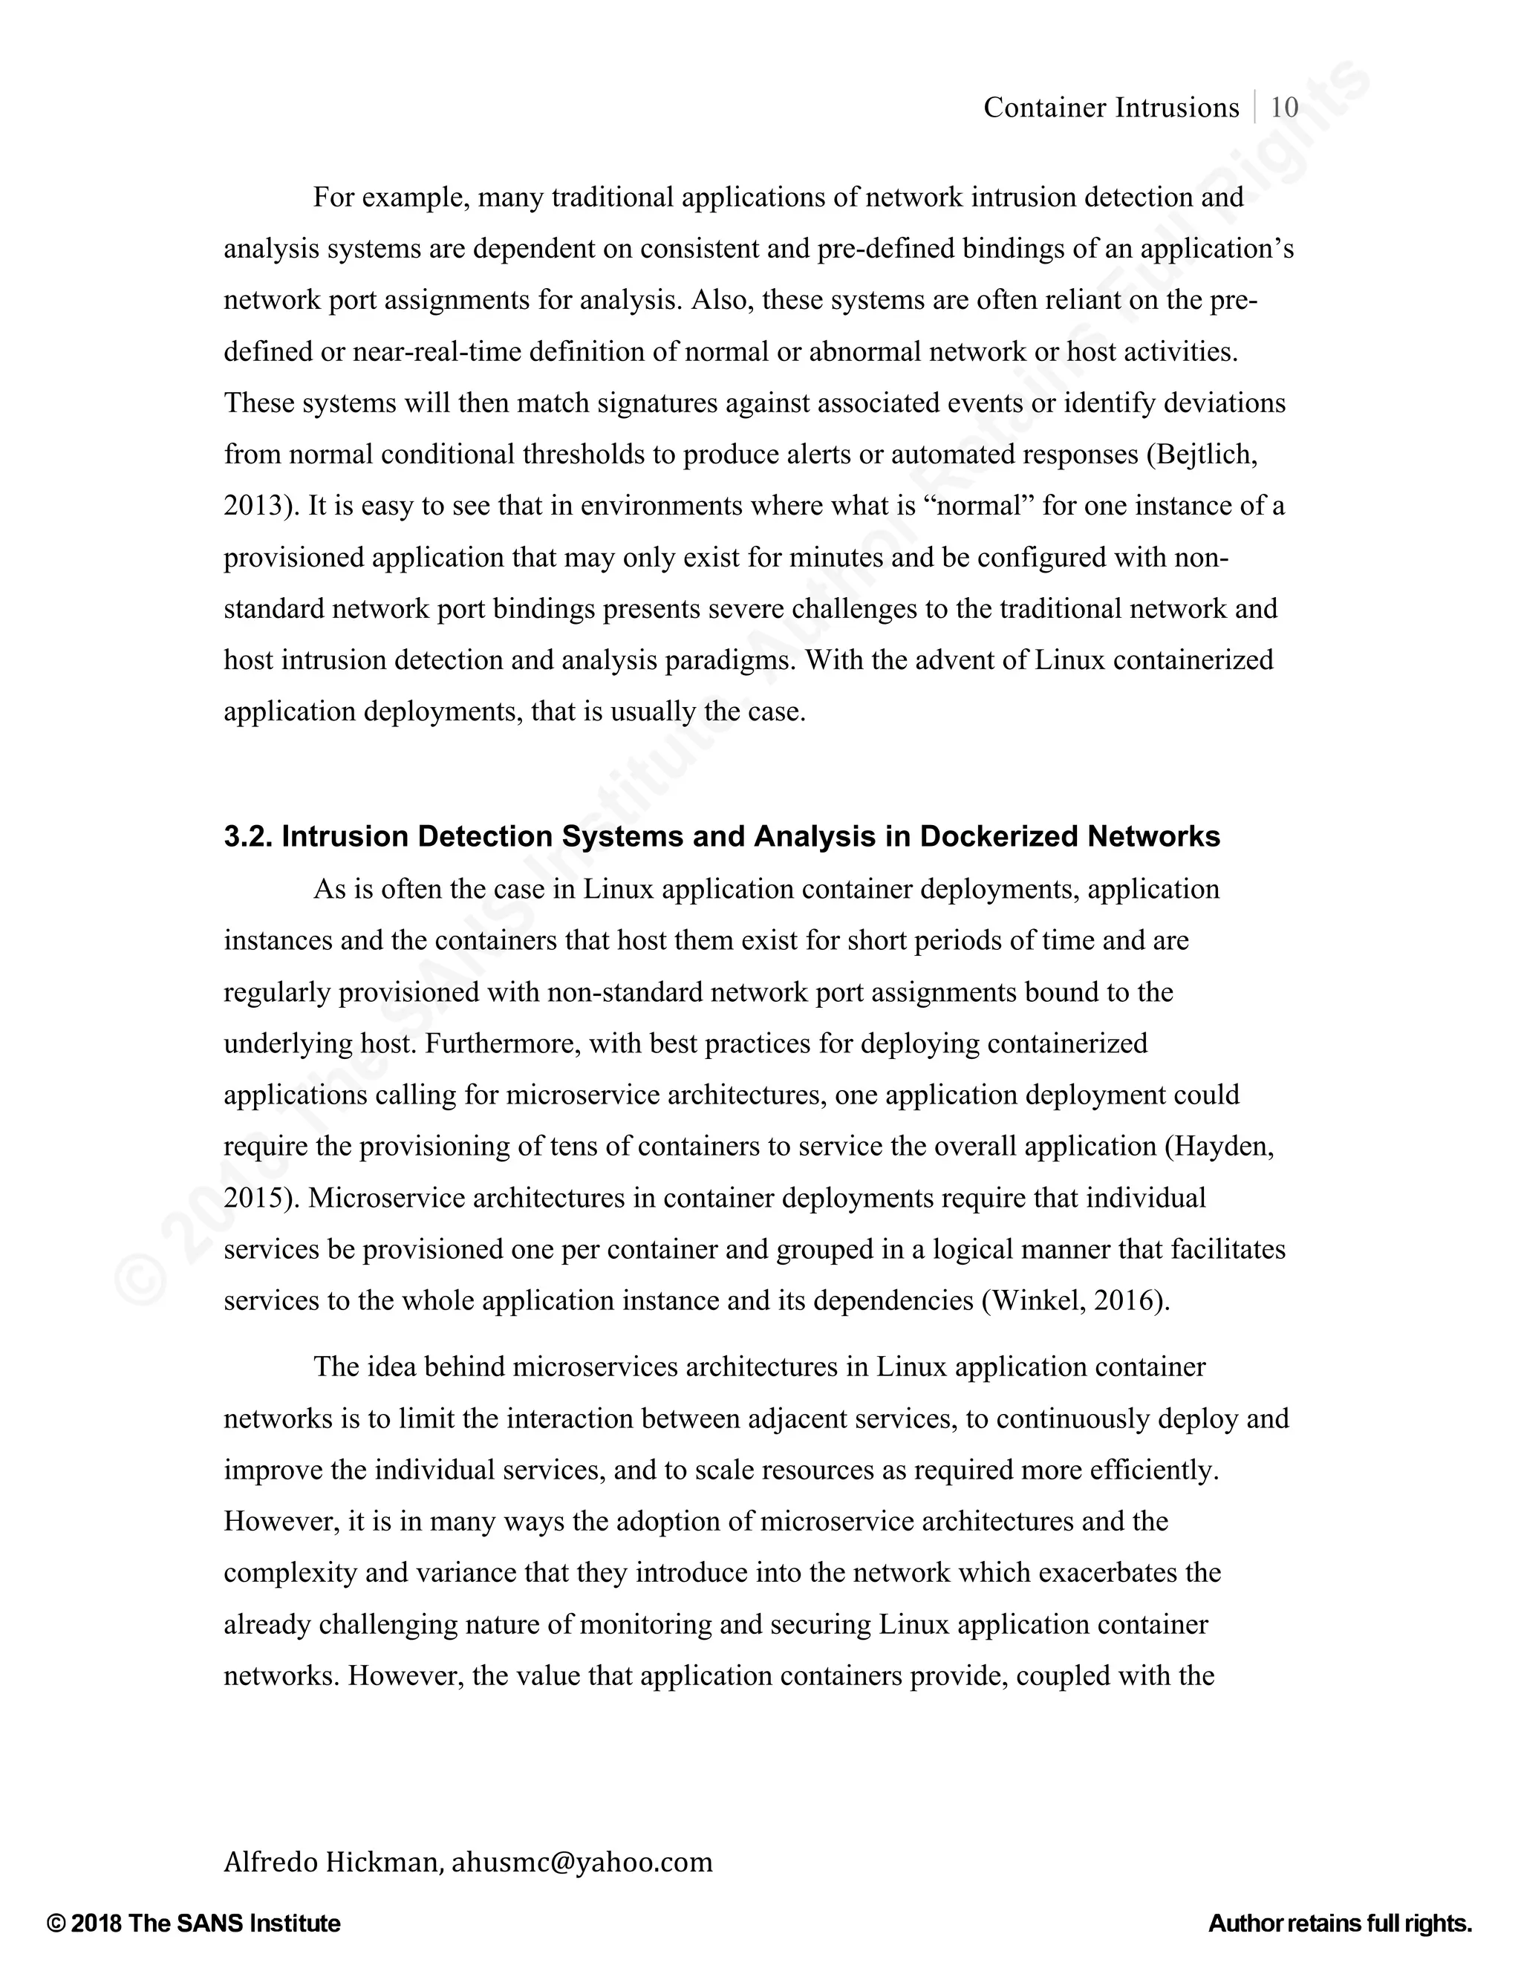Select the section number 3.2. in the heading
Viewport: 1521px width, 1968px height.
click(x=250, y=836)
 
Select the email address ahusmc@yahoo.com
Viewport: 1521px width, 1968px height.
click(x=582, y=1861)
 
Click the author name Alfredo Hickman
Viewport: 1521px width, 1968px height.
click(x=330, y=1861)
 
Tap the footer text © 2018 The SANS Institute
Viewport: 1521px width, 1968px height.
click(x=194, y=1923)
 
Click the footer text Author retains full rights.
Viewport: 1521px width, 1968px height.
click(x=1340, y=1923)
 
